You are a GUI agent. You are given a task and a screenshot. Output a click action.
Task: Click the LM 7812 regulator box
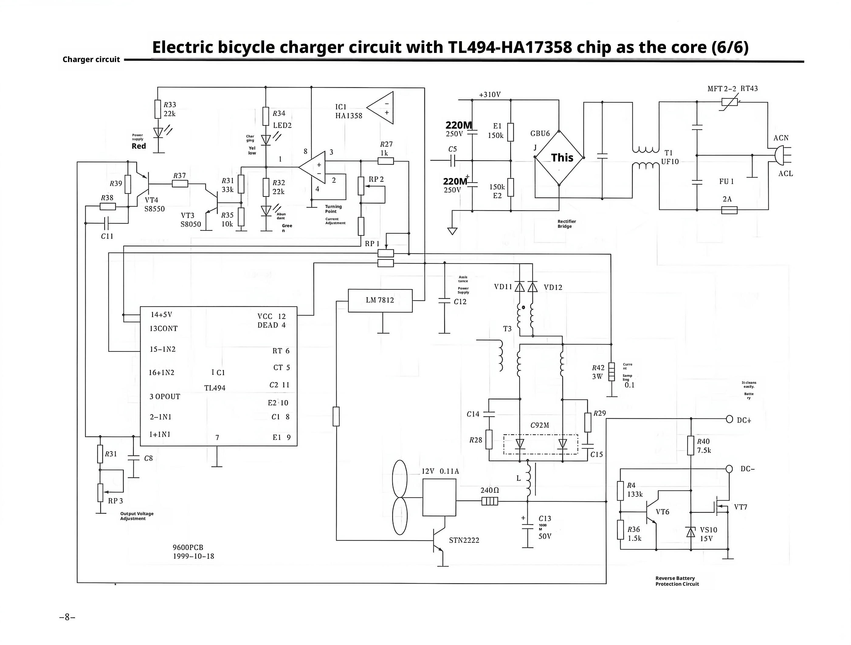tap(380, 300)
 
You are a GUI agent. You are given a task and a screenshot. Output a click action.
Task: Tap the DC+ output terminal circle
tap(729, 419)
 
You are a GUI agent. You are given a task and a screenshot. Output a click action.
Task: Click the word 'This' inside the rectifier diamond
tap(562, 158)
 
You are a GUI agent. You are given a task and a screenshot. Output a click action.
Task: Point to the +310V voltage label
tap(490, 95)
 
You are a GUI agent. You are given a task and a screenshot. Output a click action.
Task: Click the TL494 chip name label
tap(215, 388)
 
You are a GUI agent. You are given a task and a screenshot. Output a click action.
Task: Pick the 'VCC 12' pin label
tap(272, 316)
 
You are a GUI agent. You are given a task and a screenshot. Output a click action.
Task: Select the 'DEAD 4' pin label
tap(272, 325)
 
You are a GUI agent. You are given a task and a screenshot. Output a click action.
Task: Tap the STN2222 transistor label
tap(464, 540)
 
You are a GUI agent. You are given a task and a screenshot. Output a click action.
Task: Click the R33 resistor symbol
tap(158, 109)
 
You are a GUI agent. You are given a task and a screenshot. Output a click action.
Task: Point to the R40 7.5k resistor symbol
tap(691, 445)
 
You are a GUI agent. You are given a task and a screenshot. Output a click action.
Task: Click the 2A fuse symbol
tap(729, 210)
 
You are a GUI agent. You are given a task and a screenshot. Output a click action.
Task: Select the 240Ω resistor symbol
tap(490, 501)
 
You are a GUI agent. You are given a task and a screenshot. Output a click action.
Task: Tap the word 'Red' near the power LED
tap(139, 146)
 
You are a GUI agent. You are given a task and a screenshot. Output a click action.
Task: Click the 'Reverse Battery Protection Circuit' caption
tap(677, 581)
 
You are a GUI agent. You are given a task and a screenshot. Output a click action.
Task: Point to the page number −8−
tap(67, 617)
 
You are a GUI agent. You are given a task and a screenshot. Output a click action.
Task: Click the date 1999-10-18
tap(194, 556)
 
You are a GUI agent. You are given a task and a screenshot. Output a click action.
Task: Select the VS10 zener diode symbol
tap(691, 532)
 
